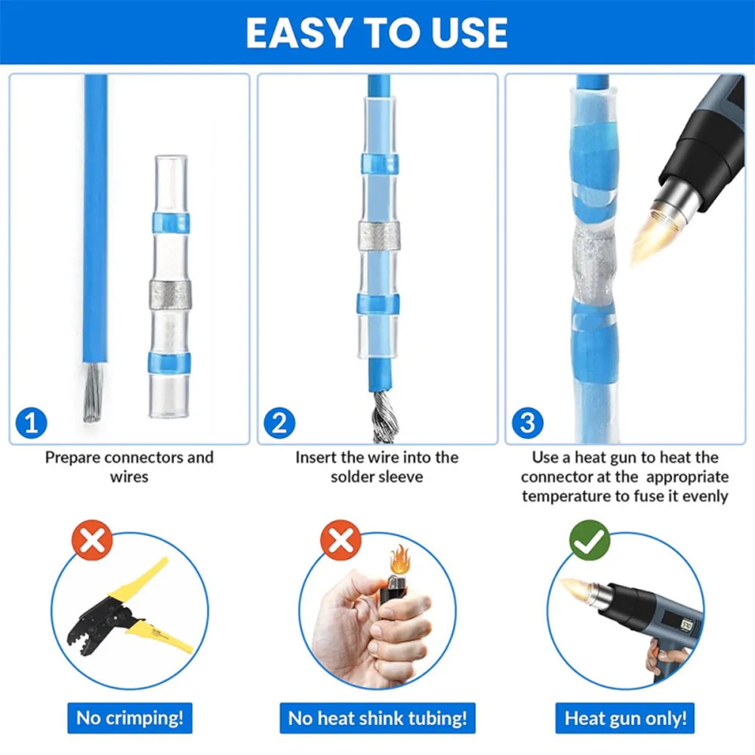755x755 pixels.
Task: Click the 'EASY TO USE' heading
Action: pyautogui.click(x=377, y=32)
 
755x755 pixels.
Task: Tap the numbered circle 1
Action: pyautogui.click(x=31, y=424)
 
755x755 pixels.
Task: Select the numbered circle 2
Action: pyautogui.click(x=279, y=424)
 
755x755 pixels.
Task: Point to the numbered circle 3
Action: pyautogui.click(x=527, y=424)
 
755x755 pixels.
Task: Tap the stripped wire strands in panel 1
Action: pyautogui.click(x=94, y=392)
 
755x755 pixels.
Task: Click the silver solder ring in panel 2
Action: pyautogui.click(x=379, y=236)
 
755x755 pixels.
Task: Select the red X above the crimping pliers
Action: pyautogui.click(x=92, y=540)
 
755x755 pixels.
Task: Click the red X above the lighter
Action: pyautogui.click(x=341, y=540)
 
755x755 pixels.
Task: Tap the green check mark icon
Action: pyautogui.click(x=590, y=540)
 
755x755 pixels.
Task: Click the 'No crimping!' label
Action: pyautogui.click(x=130, y=718)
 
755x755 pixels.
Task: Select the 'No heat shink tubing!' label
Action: pyautogui.click(x=377, y=718)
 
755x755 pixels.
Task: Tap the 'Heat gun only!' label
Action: pyautogui.click(x=625, y=718)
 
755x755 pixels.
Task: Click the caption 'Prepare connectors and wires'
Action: pyautogui.click(x=129, y=467)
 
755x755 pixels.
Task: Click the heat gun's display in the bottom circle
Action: pyautogui.click(x=686, y=625)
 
